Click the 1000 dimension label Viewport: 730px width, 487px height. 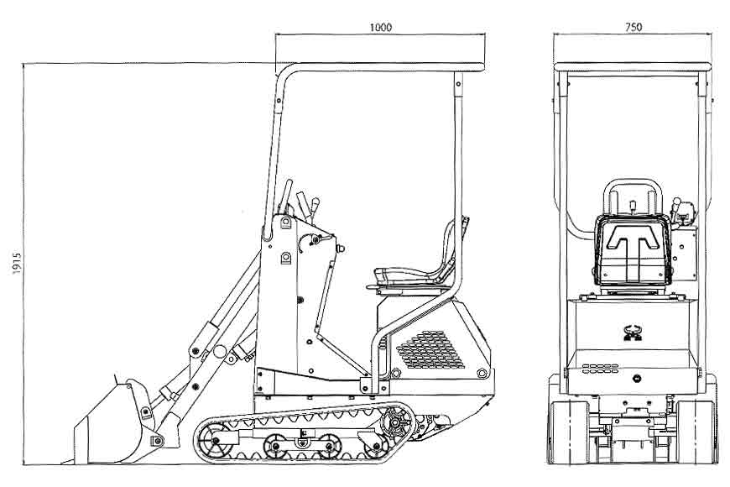tap(380, 27)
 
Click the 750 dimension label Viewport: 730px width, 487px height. tap(634, 27)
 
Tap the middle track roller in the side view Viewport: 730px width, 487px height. tap(276, 445)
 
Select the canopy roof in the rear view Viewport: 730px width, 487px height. tap(634, 65)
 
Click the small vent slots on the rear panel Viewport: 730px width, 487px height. tap(600, 369)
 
